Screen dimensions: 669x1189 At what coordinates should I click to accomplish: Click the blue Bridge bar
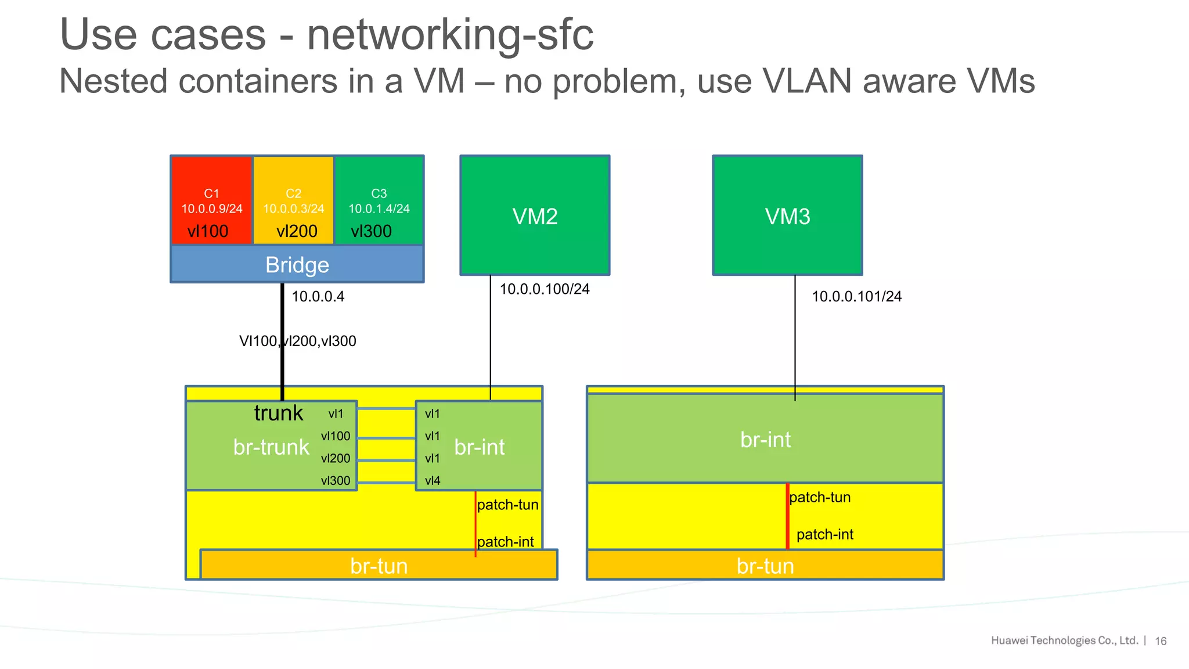pos(297,265)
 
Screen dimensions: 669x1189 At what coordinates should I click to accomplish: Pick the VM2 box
pos(535,215)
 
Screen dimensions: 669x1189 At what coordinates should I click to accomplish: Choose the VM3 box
pos(787,215)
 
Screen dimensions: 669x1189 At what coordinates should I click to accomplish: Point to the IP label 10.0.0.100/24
pos(545,289)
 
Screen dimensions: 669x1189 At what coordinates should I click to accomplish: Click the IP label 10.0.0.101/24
pos(856,297)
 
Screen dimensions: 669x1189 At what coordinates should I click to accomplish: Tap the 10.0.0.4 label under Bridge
pos(318,297)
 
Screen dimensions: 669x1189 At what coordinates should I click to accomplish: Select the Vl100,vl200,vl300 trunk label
pos(298,341)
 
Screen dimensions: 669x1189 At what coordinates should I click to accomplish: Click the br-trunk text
pos(271,447)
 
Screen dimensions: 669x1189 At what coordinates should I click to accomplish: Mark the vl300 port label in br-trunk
pos(336,481)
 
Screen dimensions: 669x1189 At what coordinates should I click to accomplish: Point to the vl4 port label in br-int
pos(433,481)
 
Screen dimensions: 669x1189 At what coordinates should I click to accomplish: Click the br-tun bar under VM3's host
pos(765,566)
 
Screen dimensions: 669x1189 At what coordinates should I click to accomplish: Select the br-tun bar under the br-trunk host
pos(379,566)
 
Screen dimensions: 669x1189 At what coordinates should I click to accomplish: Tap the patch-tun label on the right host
pos(820,498)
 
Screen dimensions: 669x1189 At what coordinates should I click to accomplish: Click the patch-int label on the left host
pos(506,542)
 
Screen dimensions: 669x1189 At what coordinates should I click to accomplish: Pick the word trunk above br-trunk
pos(279,413)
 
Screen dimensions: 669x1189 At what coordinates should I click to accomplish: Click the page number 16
pos(1161,641)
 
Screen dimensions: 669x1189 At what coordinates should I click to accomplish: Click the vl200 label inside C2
pos(297,231)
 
